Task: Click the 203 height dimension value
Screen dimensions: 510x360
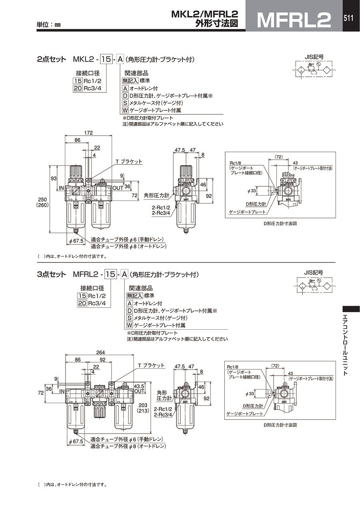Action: point(142,405)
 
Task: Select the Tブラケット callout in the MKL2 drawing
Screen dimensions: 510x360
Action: point(129,162)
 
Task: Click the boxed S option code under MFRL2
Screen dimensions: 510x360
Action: point(129,318)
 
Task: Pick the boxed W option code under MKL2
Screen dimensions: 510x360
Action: point(125,110)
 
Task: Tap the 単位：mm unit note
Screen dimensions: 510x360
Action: point(49,24)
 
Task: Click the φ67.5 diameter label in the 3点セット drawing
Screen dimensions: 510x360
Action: point(75,441)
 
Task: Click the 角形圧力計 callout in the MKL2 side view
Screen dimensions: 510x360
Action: point(156,196)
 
